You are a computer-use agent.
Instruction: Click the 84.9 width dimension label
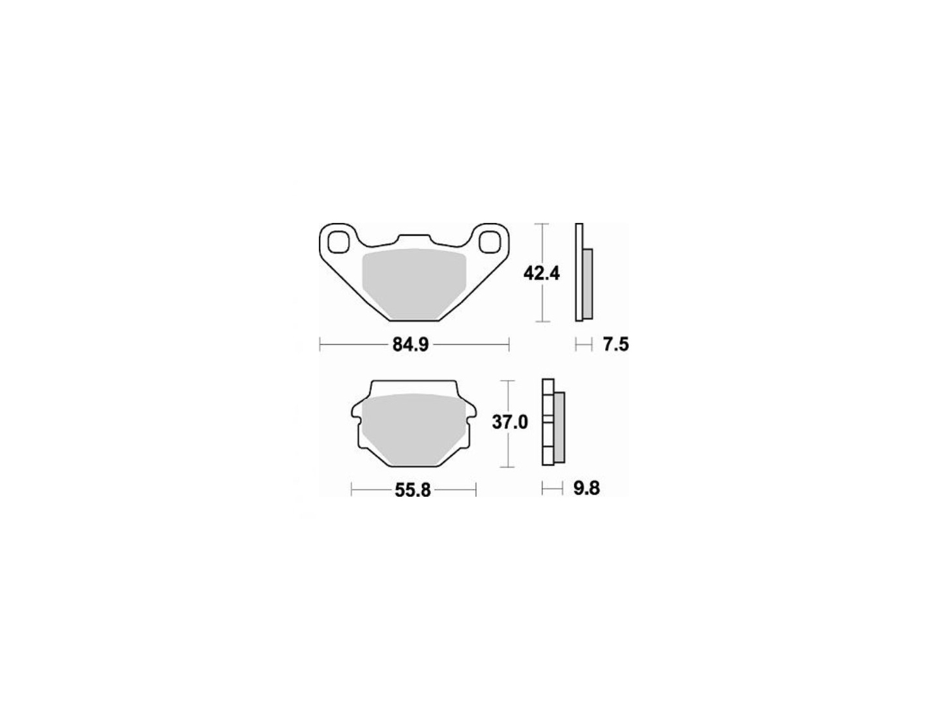(x=410, y=345)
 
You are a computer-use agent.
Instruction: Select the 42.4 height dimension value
(x=542, y=274)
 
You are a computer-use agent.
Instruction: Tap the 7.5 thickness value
(x=616, y=345)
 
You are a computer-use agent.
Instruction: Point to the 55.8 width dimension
(x=413, y=490)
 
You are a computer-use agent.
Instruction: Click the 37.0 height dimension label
(x=510, y=422)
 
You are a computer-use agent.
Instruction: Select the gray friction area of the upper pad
(x=413, y=284)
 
